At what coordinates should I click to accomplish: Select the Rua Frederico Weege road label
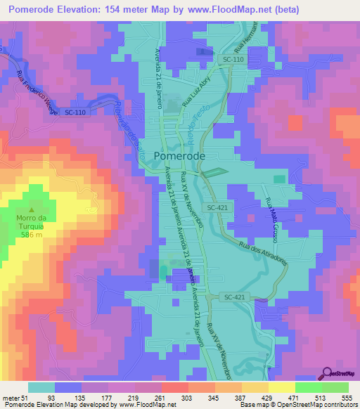point(32,87)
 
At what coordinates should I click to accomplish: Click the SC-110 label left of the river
point(77,112)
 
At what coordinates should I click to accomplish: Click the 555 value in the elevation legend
point(346,398)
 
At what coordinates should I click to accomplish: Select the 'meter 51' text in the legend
point(15,398)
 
